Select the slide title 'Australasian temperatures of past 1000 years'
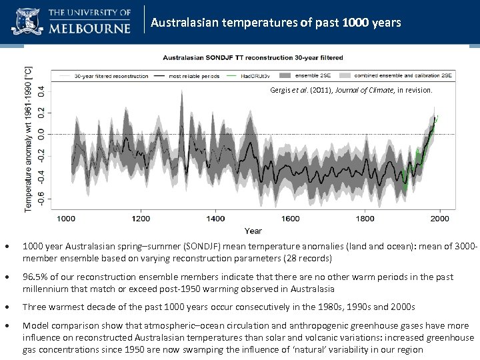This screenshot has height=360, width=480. [276, 23]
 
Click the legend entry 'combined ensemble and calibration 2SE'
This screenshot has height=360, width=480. [401, 76]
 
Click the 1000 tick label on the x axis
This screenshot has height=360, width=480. [65, 218]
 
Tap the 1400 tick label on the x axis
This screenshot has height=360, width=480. [215, 218]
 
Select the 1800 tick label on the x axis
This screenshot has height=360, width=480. [365, 218]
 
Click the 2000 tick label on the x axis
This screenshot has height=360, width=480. [440, 218]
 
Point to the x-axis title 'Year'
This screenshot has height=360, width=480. [253, 231]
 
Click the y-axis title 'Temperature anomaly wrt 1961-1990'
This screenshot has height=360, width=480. [28, 139]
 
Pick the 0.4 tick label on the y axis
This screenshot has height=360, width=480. [41, 88]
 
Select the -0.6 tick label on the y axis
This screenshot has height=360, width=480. [41, 199]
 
